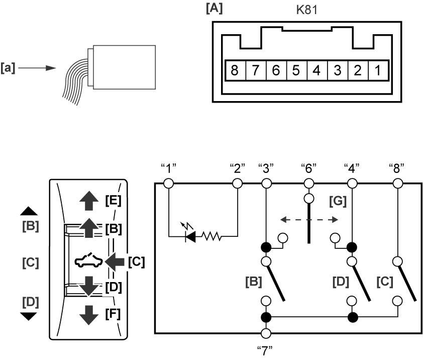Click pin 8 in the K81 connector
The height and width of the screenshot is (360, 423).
click(235, 70)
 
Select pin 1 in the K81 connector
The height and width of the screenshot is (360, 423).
click(378, 70)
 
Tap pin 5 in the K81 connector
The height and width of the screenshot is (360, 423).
click(297, 70)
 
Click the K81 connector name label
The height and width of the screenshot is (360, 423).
click(307, 10)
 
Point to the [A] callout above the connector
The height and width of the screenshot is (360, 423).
click(214, 9)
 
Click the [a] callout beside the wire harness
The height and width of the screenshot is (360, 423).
click(8, 68)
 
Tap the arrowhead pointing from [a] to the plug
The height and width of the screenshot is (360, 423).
click(51, 68)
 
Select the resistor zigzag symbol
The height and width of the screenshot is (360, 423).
click(212, 236)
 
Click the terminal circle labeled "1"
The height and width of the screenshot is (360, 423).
click(169, 184)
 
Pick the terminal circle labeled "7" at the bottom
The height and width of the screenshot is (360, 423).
click(266, 333)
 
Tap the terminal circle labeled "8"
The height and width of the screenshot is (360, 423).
click(398, 184)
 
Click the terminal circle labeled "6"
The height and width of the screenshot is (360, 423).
click(309, 184)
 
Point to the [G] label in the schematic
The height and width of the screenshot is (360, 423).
click(338, 201)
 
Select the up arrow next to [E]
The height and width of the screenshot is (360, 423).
click(89, 201)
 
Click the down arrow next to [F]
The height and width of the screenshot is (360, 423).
click(89, 315)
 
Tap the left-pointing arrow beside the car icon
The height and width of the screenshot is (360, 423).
click(115, 261)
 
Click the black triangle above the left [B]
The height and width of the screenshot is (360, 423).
click(29, 211)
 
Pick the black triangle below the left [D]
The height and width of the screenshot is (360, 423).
click(29, 316)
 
